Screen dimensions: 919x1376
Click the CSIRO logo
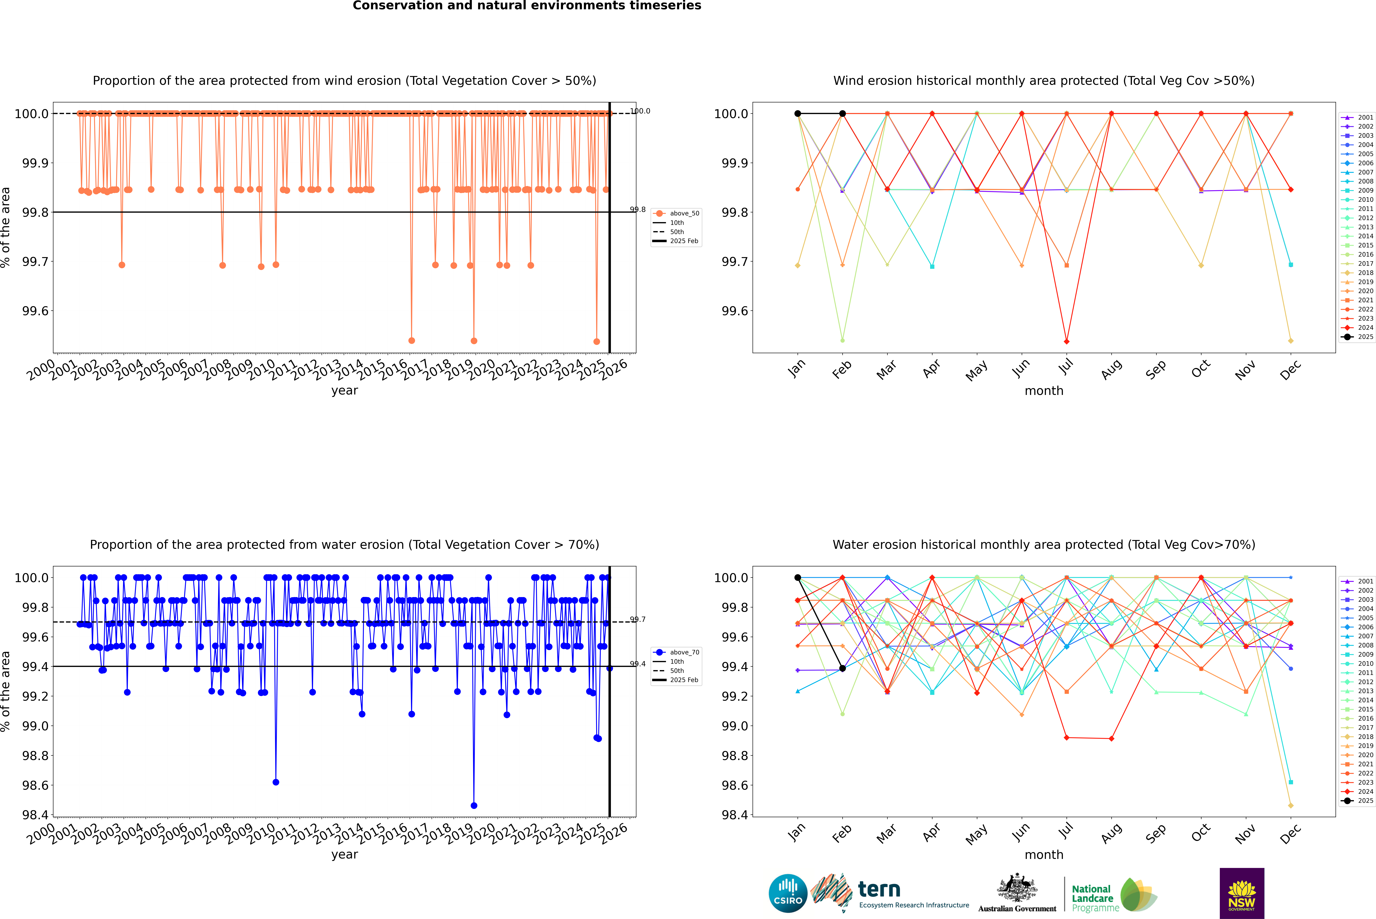(788, 893)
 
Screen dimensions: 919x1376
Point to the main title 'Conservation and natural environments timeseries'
(527, 6)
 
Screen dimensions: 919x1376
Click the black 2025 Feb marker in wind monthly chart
(842, 114)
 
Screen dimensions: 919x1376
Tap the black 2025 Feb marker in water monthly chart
(842, 668)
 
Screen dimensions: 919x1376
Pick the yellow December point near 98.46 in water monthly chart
(1290, 805)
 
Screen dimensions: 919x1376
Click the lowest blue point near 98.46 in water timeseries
(474, 805)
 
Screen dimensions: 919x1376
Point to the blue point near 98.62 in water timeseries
(276, 782)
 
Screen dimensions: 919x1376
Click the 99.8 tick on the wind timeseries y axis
(35, 212)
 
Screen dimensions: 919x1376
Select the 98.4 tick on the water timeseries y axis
(35, 815)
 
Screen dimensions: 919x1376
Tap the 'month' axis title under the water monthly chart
(1043, 855)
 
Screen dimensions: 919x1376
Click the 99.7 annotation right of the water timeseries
(638, 620)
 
